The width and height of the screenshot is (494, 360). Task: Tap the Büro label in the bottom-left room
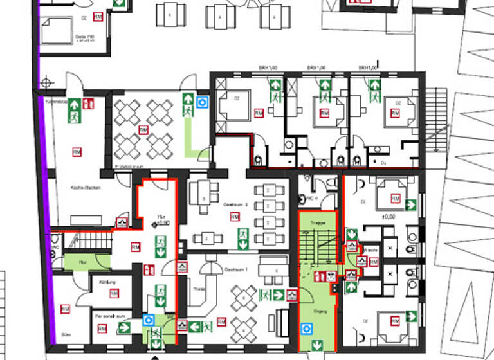[x=65, y=336]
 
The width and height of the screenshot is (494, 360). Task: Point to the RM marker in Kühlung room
[x=114, y=294]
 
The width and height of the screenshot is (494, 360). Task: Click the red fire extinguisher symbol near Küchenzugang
[x=89, y=103]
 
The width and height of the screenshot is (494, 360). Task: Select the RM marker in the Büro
[x=65, y=309]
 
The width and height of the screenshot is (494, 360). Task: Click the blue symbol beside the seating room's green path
[x=203, y=101]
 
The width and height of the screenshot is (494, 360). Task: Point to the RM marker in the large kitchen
[x=77, y=152]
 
